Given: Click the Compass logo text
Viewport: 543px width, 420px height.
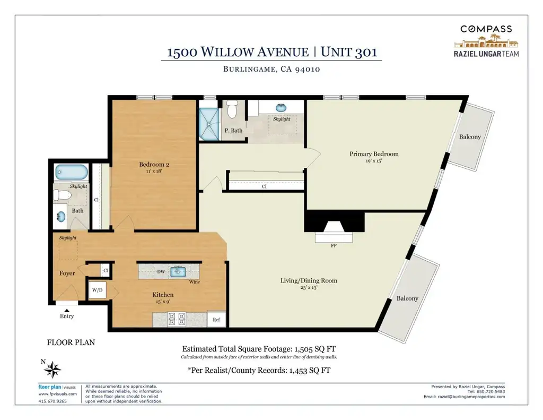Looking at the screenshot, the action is click(x=486, y=29).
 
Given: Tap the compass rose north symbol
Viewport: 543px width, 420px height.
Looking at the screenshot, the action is click(x=52, y=369).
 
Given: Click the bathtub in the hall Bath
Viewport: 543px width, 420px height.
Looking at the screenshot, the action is click(x=72, y=172).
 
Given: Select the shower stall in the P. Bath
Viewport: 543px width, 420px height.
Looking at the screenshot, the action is click(x=209, y=124).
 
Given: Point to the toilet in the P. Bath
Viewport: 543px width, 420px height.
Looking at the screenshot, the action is click(x=231, y=108).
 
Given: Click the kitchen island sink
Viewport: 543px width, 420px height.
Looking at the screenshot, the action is click(x=178, y=272).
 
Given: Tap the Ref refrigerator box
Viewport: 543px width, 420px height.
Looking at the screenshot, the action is click(x=216, y=320).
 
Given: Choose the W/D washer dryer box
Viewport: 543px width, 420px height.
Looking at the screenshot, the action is click(x=98, y=290).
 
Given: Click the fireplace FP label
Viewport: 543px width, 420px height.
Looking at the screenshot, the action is click(x=334, y=245).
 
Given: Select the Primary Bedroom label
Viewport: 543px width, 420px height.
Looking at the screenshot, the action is click(x=374, y=154).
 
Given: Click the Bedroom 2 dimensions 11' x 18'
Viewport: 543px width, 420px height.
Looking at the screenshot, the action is click(x=154, y=171).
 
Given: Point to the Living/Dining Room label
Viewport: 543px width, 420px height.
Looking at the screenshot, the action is click(x=309, y=280).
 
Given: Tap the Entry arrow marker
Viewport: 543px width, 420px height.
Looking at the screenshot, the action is click(x=66, y=311).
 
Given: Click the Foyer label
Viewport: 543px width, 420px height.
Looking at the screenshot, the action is click(x=67, y=273).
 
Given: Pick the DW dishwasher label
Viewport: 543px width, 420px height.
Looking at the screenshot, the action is click(x=161, y=271).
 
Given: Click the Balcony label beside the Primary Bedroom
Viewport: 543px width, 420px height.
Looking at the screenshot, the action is click(x=470, y=136).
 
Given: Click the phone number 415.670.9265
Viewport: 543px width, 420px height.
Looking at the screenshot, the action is click(x=52, y=401).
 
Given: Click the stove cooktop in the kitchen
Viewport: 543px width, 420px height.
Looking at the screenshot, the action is click(x=177, y=319).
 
